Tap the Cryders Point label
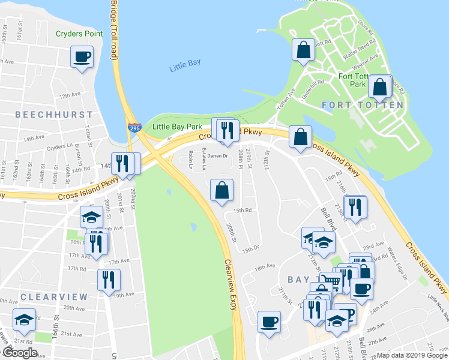(x=79, y=34)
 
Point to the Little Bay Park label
(x=177, y=127)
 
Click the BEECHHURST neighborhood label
(x=54, y=114)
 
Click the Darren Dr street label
(x=219, y=156)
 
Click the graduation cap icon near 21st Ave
(x=24, y=320)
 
